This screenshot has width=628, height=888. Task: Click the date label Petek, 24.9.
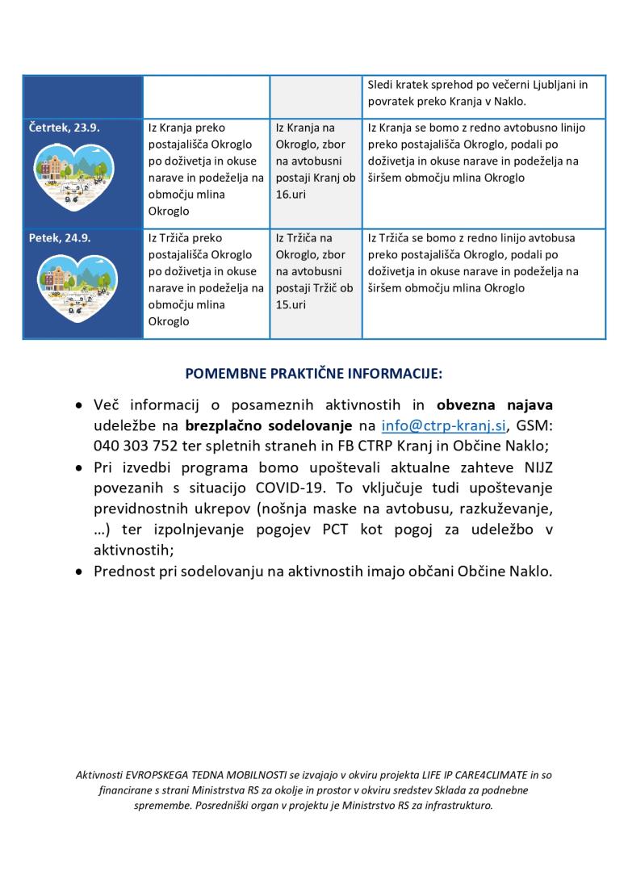pos(60,238)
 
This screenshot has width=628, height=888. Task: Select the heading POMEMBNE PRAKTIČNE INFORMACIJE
pos(313,375)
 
